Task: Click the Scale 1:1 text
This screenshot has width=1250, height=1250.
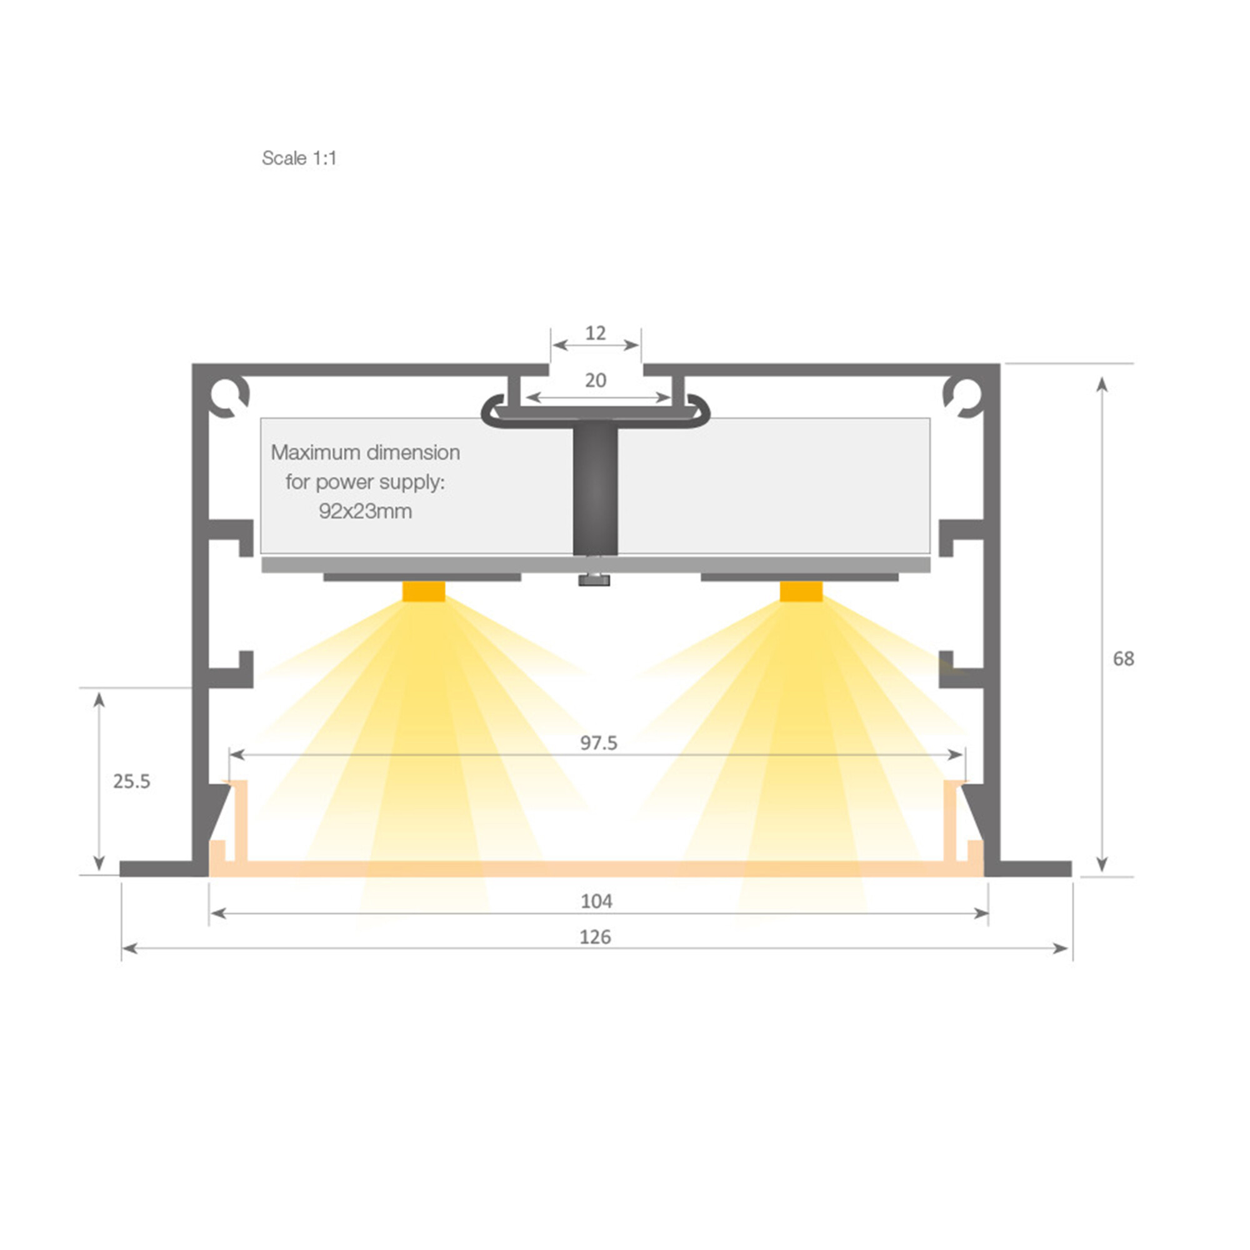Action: pyautogui.click(x=299, y=158)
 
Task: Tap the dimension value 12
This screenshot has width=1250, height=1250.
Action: pyautogui.click(x=595, y=332)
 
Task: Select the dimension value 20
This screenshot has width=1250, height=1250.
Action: pyautogui.click(x=595, y=380)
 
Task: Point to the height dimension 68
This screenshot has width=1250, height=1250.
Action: pyautogui.click(x=1123, y=659)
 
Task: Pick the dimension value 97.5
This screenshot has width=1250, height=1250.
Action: pyautogui.click(x=599, y=742)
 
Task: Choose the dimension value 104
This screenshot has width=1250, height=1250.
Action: pyautogui.click(x=596, y=901)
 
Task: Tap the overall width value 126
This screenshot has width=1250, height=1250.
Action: pyautogui.click(x=595, y=936)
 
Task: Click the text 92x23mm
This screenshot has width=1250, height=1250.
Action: pyautogui.click(x=365, y=511)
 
